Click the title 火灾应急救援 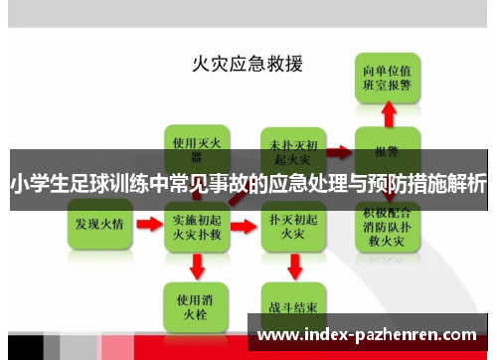pos(248,64)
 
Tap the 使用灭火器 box pos(195,147)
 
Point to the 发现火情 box pos(99,225)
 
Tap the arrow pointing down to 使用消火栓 pos(196,266)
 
